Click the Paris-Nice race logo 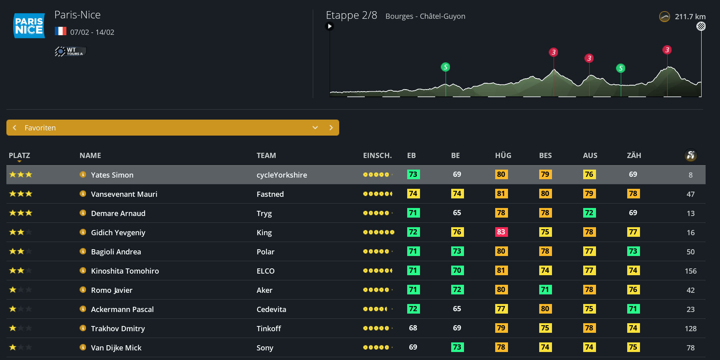pyautogui.click(x=29, y=26)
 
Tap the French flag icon pyautogui.click(x=60, y=31)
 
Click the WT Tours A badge pyautogui.click(x=70, y=51)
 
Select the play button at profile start pyautogui.click(x=330, y=26)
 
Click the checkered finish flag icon pyautogui.click(x=701, y=26)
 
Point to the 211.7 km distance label pyautogui.click(x=690, y=17)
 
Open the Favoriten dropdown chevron pyautogui.click(x=315, y=128)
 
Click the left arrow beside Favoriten pyautogui.click(x=15, y=128)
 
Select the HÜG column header pyautogui.click(x=503, y=156)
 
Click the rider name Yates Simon pyautogui.click(x=112, y=175)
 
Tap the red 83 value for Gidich pyautogui.click(x=501, y=232)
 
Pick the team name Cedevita pyautogui.click(x=271, y=309)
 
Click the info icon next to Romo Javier pyautogui.click(x=83, y=290)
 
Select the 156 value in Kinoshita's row pyautogui.click(x=690, y=271)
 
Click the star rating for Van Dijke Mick pyautogui.click(x=20, y=347)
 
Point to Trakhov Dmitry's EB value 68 pyautogui.click(x=413, y=328)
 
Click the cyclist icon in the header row pyautogui.click(x=690, y=155)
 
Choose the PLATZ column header pyautogui.click(x=19, y=156)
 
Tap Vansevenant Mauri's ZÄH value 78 pyautogui.click(x=633, y=194)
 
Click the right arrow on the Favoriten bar pyautogui.click(x=331, y=128)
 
